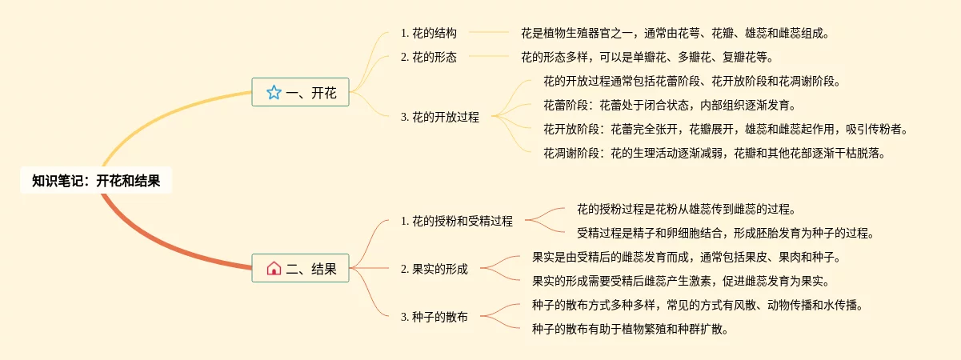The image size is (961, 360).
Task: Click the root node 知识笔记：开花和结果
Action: [x=96, y=181]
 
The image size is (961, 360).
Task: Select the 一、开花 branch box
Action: [x=300, y=93]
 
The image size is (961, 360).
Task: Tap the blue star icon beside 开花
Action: [x=274, y=93]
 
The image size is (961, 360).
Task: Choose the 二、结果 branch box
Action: [x=300, y=269]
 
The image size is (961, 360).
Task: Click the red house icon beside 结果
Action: [x=274, y=269]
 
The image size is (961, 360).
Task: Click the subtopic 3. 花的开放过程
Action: [x=440, y=117]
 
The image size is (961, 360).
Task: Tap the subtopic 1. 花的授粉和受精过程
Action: [x=456, y=221]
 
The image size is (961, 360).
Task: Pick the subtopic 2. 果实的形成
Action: [x=434, y=269]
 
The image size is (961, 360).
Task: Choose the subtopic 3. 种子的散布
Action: [x=434, y=317]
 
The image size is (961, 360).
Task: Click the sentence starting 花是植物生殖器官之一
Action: [x=675, y=34]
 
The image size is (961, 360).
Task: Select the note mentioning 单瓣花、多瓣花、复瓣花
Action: [x=647, y=57]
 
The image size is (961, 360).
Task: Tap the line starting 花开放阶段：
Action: [x=726, y=129]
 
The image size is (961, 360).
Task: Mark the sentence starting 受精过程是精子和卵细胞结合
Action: [x=726, y=234]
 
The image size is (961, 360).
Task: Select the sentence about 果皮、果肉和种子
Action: [x=686, y=258]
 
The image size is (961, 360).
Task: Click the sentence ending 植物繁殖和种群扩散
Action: [x=630, y=329]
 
